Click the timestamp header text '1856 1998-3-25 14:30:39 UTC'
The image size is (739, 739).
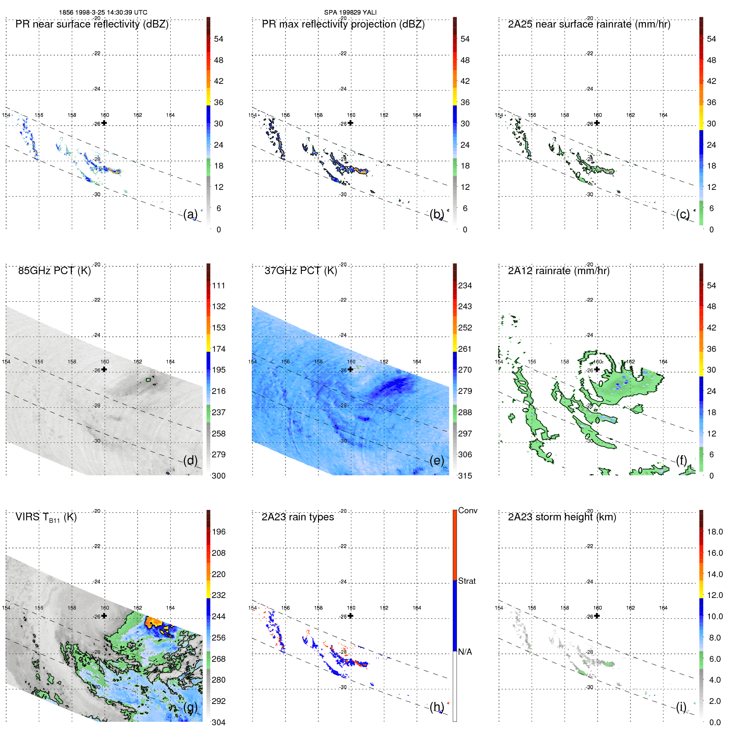pyautogui.click(x=103, y=13)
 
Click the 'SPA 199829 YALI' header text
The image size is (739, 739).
pyautogui.click(x=350, y=13)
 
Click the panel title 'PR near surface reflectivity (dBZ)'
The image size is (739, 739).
pyautogui.click(x=92, y=24)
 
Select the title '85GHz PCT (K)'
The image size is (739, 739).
pyautogui.click(x=54, y=271)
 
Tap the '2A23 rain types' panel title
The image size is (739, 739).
pyautogui.click(x=298, y=517)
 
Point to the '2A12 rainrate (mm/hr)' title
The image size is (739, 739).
pyautogui.click(x=558, y=271)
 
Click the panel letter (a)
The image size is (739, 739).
pyautogui.click(x=190, y=214)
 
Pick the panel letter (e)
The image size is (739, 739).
pyautogui.click(x=436, y=460)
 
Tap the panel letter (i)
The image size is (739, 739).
pyautogui.click(x=681, y=707)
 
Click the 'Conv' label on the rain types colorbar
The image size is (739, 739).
pyautogui.click(x=467, y=510)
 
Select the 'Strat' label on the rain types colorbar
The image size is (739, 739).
pyautogui.click(x=467, y=581)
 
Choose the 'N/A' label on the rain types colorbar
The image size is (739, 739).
pyautogui.click(x=465, y=652)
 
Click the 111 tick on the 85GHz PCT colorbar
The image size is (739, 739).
pyautogui.click(x=219, y=285)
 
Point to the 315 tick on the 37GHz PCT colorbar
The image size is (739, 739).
pyautogui.click(x=465, y=476)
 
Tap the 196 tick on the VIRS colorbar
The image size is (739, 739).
pyautogui.click(x=219, y=532)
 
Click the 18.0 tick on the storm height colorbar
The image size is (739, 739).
pyautogui.click(x=714, y=532)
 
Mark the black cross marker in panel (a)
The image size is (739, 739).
pyautogui.click(x=104, y=123)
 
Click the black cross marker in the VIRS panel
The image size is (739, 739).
pyautogui.click(x=104, y=616)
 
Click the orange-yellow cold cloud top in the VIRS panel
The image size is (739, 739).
pyautogui.click(x=154, y=622)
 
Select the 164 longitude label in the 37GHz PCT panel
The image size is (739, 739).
pyautogui.click(x=416, y=362)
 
